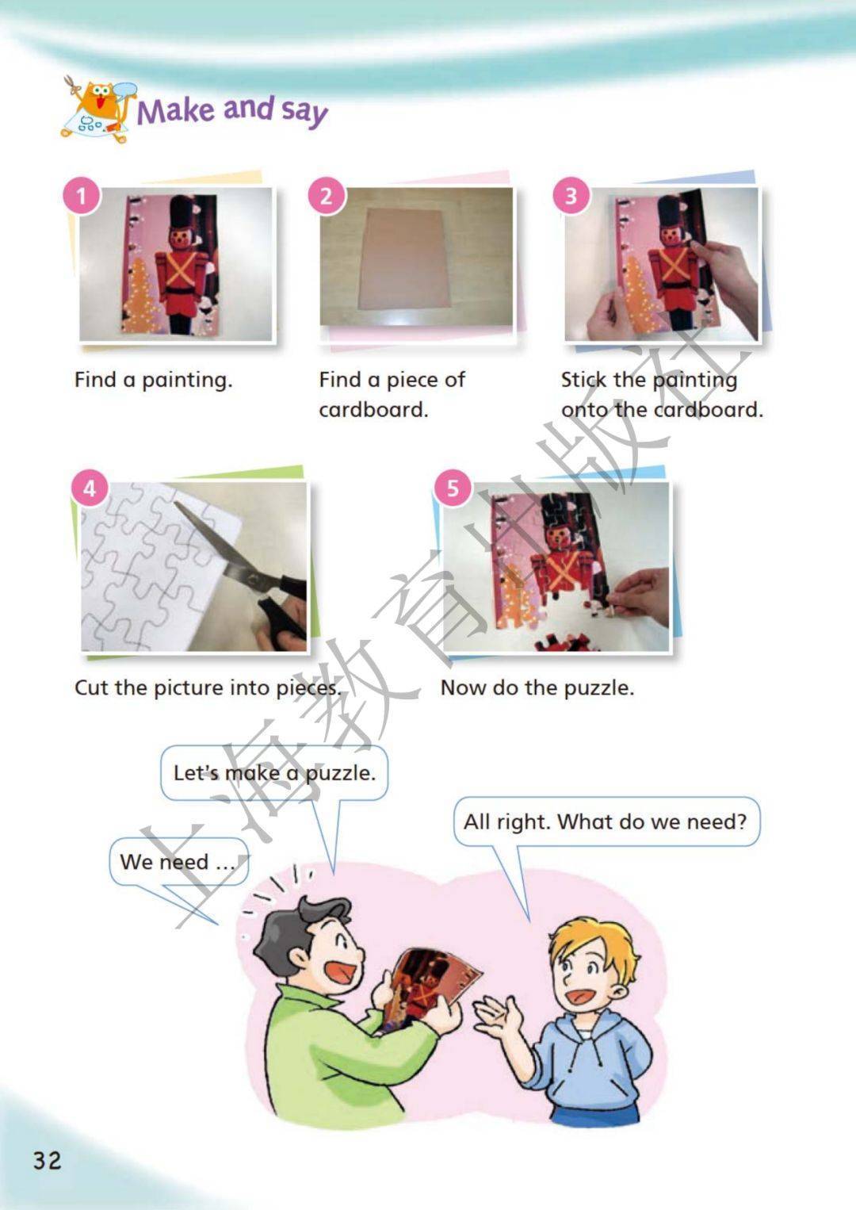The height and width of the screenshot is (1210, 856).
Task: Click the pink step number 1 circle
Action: pyautogui.click(x=82, y=195)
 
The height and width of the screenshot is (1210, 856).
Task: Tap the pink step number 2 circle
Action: pyautogui.click(x=327, y=195)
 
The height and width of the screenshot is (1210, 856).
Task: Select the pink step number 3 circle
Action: pyautogui.click(x=571, y=195)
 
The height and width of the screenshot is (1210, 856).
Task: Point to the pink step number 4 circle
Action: pyautogui.click(x=90, y=488)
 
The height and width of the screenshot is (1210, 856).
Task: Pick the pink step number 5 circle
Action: pyautogui.click(x=453, y=488)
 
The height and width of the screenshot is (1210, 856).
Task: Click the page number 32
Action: pyautogui.click(x=47, y=1160)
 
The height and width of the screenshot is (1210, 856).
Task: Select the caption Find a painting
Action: pyautogui.click(x=154, y=381)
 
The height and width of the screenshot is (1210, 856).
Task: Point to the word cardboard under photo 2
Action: pyautogui.click(x=373, y=410)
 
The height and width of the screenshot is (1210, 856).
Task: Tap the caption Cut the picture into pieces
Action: pyautogui.click(x=208, y=687)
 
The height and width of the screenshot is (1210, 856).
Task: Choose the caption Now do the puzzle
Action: pyautogui.click(x=537, y=687)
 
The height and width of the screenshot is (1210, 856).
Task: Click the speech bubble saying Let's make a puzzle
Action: pyautogui.click(x=274, y=772)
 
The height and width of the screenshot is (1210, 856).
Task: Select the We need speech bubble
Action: pyautogui.click(x=179, y=862)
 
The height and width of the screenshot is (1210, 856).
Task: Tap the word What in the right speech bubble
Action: pyautogui.click(x=585, y=821)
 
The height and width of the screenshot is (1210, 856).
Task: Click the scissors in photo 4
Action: pyautogui.click(x=243, y=561)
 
